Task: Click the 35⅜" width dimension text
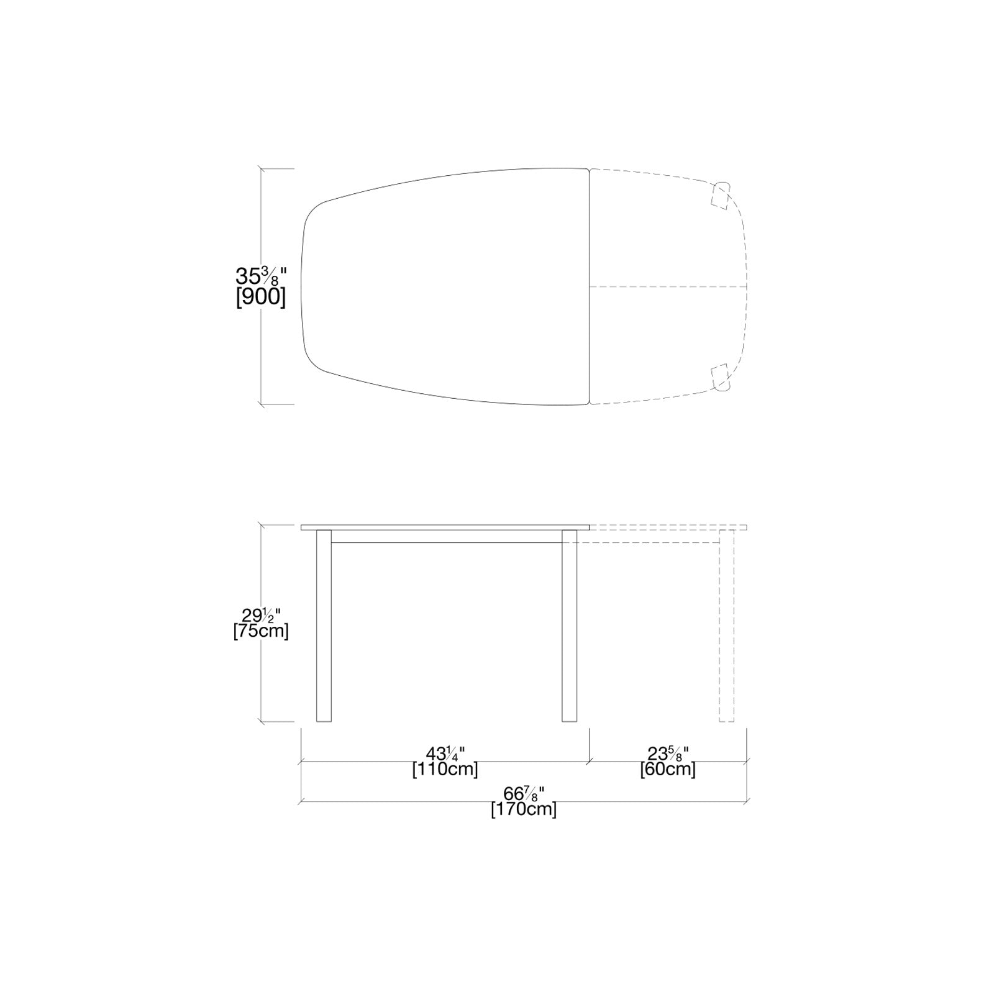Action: [x=262, y=275]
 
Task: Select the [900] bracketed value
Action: [x=261, y=297]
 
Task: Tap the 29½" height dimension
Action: [x=261, y=616]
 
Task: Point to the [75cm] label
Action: [x=261, y=631]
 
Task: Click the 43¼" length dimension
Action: [x=445, y=754]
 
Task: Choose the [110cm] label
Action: [x=445, y=770]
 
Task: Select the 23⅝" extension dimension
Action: [x=668, y=754]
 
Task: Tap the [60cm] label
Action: [x=668, y=770]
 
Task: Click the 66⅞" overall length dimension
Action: [x=524, y=794]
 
